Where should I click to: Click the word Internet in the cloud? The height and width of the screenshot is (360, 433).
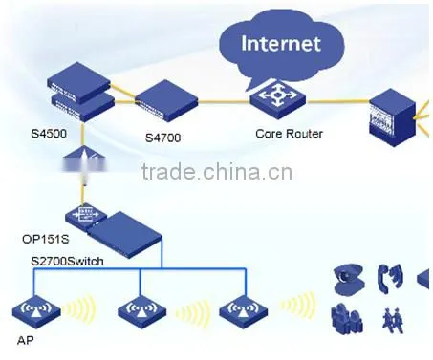coord(281,43)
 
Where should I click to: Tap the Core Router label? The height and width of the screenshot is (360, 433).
coord(289,134)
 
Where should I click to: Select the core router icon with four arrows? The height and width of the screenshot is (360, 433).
coord(277,99)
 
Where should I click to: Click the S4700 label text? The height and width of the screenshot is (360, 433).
coord(162,138)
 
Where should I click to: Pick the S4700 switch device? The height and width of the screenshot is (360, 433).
coord(166,100)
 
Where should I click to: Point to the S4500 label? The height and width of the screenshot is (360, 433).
coord(49,133)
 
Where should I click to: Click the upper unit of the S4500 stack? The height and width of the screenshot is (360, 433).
coord(78,82)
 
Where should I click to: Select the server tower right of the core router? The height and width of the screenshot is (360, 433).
coord(392,117)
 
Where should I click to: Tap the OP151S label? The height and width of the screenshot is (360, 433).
coord(46,239)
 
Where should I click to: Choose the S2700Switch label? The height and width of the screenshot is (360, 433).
coord(67,261)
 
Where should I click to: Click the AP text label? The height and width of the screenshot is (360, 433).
coord(26,340)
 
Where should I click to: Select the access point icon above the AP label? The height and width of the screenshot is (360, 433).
coord(36,311)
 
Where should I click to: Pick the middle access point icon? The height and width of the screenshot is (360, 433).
coord(141,311)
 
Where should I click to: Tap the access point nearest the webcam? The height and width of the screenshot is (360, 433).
coord(244,311)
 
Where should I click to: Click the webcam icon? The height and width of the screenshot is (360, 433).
coord(348,280)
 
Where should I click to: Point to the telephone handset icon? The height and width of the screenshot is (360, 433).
coord(390,279)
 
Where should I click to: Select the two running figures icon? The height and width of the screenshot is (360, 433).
coord(393,319)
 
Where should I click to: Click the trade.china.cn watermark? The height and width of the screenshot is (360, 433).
coord(217,171)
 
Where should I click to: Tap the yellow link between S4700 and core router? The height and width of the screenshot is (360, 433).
coord(224,102)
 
